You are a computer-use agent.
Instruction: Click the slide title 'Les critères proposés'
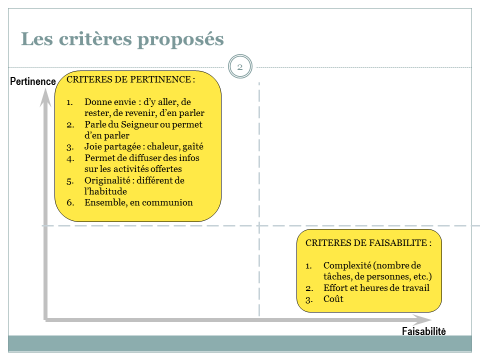pos(122,39)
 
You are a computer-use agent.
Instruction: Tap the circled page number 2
pos(240,66)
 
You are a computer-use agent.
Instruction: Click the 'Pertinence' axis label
pos(33,81)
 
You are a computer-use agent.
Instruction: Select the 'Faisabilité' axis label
pos(423,331)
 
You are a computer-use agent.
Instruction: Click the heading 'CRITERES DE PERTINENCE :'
pos(130,79)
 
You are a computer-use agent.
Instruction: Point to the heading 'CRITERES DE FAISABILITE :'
pos(368,243)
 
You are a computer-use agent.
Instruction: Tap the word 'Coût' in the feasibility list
pos(333,299)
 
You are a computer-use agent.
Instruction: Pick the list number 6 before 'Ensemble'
pos(70,202)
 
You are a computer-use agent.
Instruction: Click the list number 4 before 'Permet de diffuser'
pos(70,159)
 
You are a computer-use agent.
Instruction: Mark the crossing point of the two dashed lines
pos(259,226)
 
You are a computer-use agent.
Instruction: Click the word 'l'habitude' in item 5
pos(105,191)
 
